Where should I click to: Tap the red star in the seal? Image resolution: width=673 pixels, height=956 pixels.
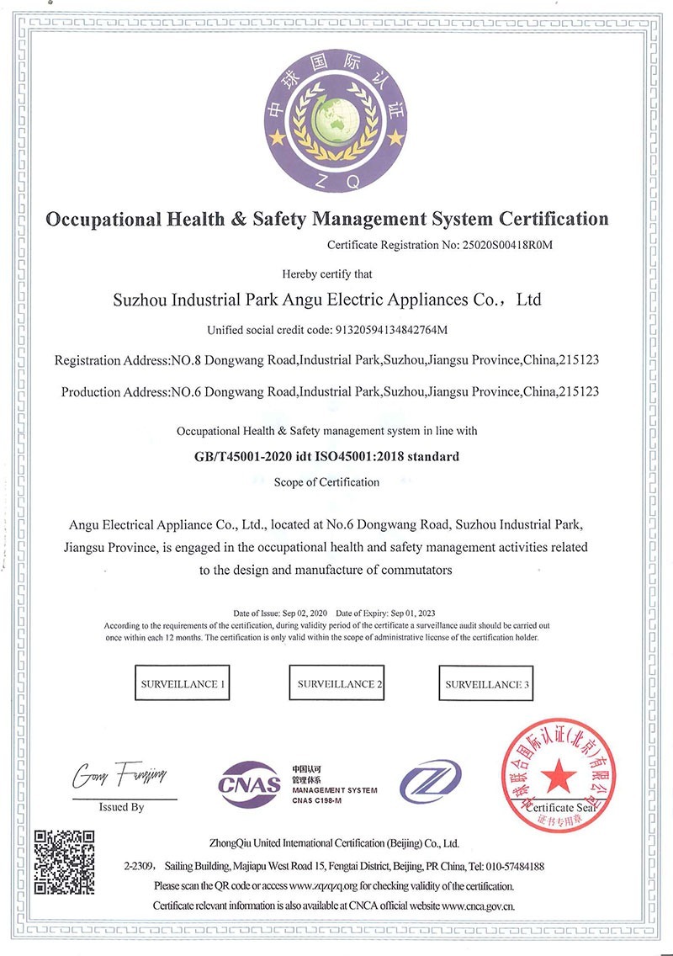(554, 773)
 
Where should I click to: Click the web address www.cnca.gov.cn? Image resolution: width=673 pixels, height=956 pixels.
(478, 906)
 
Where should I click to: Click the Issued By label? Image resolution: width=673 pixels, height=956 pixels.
(122, 807)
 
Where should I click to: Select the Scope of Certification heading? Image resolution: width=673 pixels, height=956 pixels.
(327, 482)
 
